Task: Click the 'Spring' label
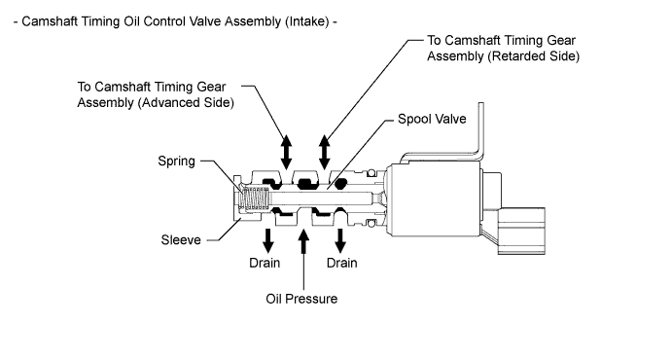coord(176,162)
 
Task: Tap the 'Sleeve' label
coord(181,239)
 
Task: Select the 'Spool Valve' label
coord(432,119)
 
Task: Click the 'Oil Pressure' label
coord(301,299)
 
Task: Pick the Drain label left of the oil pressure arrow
coord(265,263)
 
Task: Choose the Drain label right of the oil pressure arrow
coord(341,263)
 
